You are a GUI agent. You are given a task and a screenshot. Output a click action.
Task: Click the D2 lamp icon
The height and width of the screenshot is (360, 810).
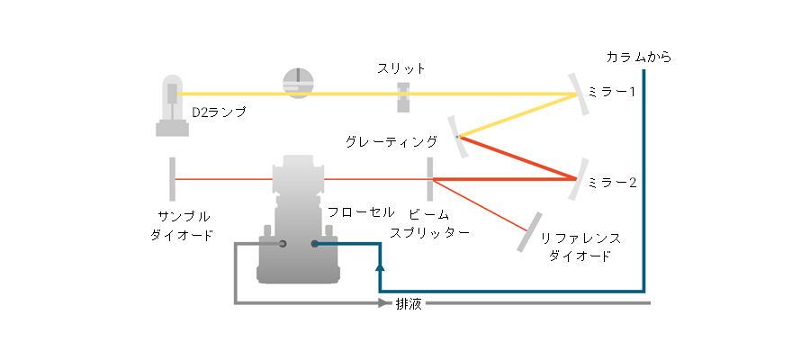coord(172,106)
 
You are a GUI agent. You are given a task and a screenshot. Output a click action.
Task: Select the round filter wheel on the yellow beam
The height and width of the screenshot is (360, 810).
coord(299,83)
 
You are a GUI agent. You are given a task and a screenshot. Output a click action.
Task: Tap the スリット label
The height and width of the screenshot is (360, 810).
coord(400,69)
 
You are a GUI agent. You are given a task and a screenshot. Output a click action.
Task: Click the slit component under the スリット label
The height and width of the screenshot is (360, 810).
coord(403,97)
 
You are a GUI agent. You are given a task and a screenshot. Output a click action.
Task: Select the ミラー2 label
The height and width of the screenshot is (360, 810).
coord(612,183)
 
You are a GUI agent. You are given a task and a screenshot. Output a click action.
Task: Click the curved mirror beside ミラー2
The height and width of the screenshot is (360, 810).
coord(578,179)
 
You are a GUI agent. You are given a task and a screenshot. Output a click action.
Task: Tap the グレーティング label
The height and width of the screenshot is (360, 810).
coord(391,141)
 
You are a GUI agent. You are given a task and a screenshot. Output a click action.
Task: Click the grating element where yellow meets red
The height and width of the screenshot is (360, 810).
coord(458,137)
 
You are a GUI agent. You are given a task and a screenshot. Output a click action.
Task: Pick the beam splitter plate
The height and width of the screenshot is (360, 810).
coord(430,179)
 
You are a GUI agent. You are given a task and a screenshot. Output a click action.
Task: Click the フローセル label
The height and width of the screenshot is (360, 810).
coord(361,212)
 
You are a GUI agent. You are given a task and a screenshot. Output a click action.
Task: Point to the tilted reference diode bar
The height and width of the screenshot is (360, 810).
coord(529,232)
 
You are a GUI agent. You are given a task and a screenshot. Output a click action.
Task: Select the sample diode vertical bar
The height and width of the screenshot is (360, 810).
coord(172,179)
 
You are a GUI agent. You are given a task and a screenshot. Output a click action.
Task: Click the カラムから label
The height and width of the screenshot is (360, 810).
coord(639,58)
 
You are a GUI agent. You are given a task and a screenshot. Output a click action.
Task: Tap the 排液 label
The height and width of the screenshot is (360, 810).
coord(409,303)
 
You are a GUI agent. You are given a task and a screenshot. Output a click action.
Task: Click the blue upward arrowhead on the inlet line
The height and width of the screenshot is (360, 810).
coord(380,267)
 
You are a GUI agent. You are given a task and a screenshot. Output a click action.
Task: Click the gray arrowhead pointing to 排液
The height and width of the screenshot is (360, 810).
coord(382,303)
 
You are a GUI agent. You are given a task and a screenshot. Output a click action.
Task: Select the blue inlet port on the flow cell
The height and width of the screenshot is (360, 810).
coord(314,244)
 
